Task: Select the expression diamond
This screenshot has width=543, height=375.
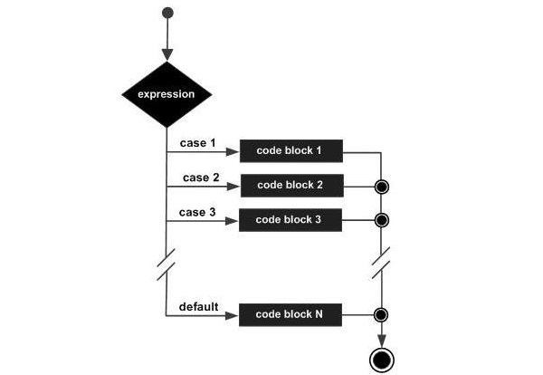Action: click(167, 94)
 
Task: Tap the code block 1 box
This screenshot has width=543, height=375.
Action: click(290, 151)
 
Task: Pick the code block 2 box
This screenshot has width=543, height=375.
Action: click(290, 186)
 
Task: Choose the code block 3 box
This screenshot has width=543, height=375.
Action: click(290, 220)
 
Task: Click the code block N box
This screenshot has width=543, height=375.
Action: click(290, 315)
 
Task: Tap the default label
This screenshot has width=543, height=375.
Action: click(199, 306)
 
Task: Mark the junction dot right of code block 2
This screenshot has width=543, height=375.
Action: click(382, 187)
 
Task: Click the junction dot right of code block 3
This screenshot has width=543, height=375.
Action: click(382, 220)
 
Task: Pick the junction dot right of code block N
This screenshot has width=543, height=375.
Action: click(382, 315)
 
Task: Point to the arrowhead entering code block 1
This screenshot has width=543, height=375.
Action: click(233, 151)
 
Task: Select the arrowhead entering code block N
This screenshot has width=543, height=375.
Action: click(233, 315)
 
